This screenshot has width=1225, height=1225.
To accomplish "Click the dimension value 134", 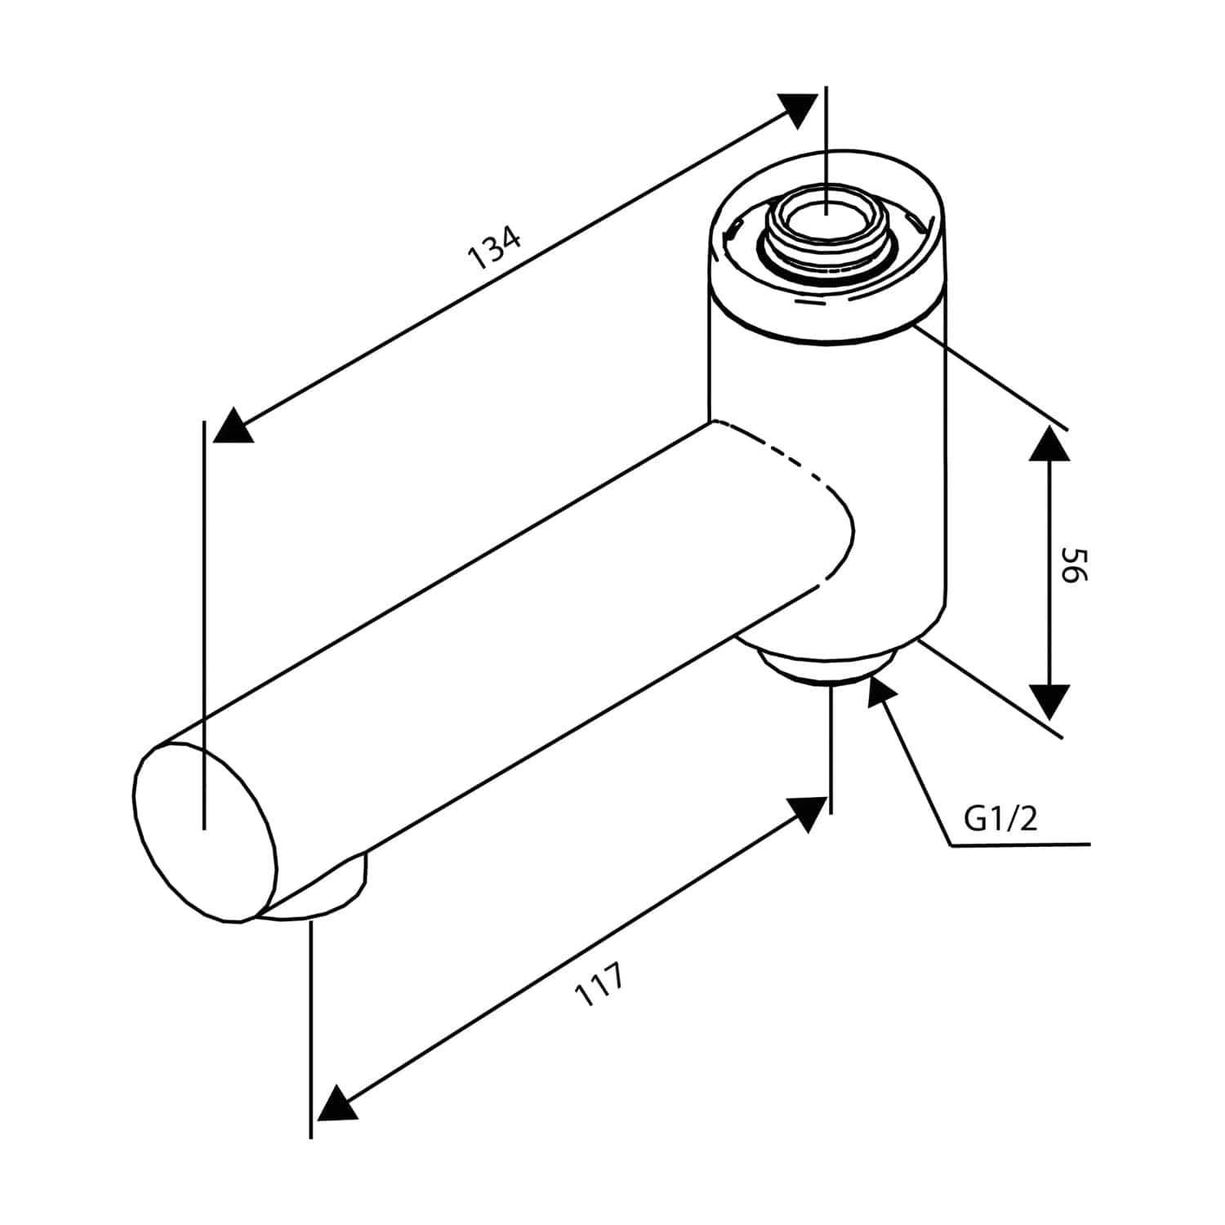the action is (494, 248).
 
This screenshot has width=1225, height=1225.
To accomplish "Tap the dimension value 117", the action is (600, 985).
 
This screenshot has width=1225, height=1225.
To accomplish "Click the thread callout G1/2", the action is (1000, 817).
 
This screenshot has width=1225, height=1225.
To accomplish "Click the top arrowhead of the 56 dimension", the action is (1049, 443).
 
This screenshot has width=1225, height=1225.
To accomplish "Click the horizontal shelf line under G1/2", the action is (1021, 844).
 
